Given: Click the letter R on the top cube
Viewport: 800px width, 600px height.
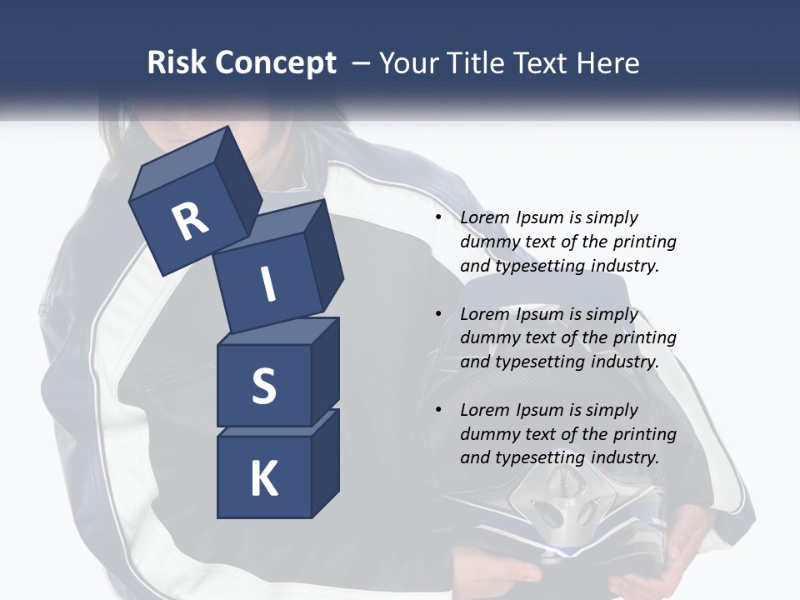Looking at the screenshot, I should (x=190, y=221).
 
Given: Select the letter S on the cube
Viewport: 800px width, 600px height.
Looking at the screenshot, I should (x=263, y=386).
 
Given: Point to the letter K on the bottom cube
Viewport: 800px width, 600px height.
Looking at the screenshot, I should (x=263, y=479).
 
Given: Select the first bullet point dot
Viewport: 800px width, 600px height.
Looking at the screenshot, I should (x=438, y=217).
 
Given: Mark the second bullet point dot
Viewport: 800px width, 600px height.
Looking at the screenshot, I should (x=438, y=314).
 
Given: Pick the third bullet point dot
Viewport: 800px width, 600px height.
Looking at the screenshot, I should (x=438, y=410).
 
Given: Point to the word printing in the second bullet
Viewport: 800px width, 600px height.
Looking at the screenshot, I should (x=644, y=337).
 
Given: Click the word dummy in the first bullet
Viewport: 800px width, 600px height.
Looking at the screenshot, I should (x=490, y=242).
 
